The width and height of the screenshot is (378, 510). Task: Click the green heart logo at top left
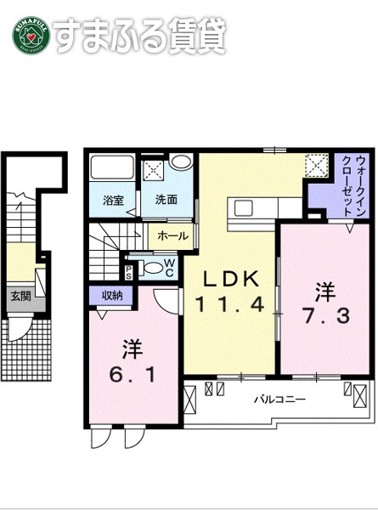pyautogui.click(x=30, y=35)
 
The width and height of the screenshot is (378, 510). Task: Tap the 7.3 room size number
pyautogui.click(x=324, y=316)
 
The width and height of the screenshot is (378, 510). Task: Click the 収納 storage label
pyautogui.click(x=112, y=295)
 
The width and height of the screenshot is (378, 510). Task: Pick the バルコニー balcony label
pyautogui.click(x=278, y=398)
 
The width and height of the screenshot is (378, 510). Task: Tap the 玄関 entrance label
pyautogui.click(x=20, y=297)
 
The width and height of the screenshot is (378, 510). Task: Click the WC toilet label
pyautogui.click(x=168, y=268)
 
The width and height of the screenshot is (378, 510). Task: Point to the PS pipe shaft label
pyautogui.click(x=128, y=271)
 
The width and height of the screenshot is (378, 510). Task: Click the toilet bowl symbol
pyautogui.click(x=150, y=268)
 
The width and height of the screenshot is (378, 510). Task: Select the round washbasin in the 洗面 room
pyautogui.click(x=180, y=164)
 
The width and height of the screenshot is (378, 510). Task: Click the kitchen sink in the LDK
pyautogui.click(x=242, y=207)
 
